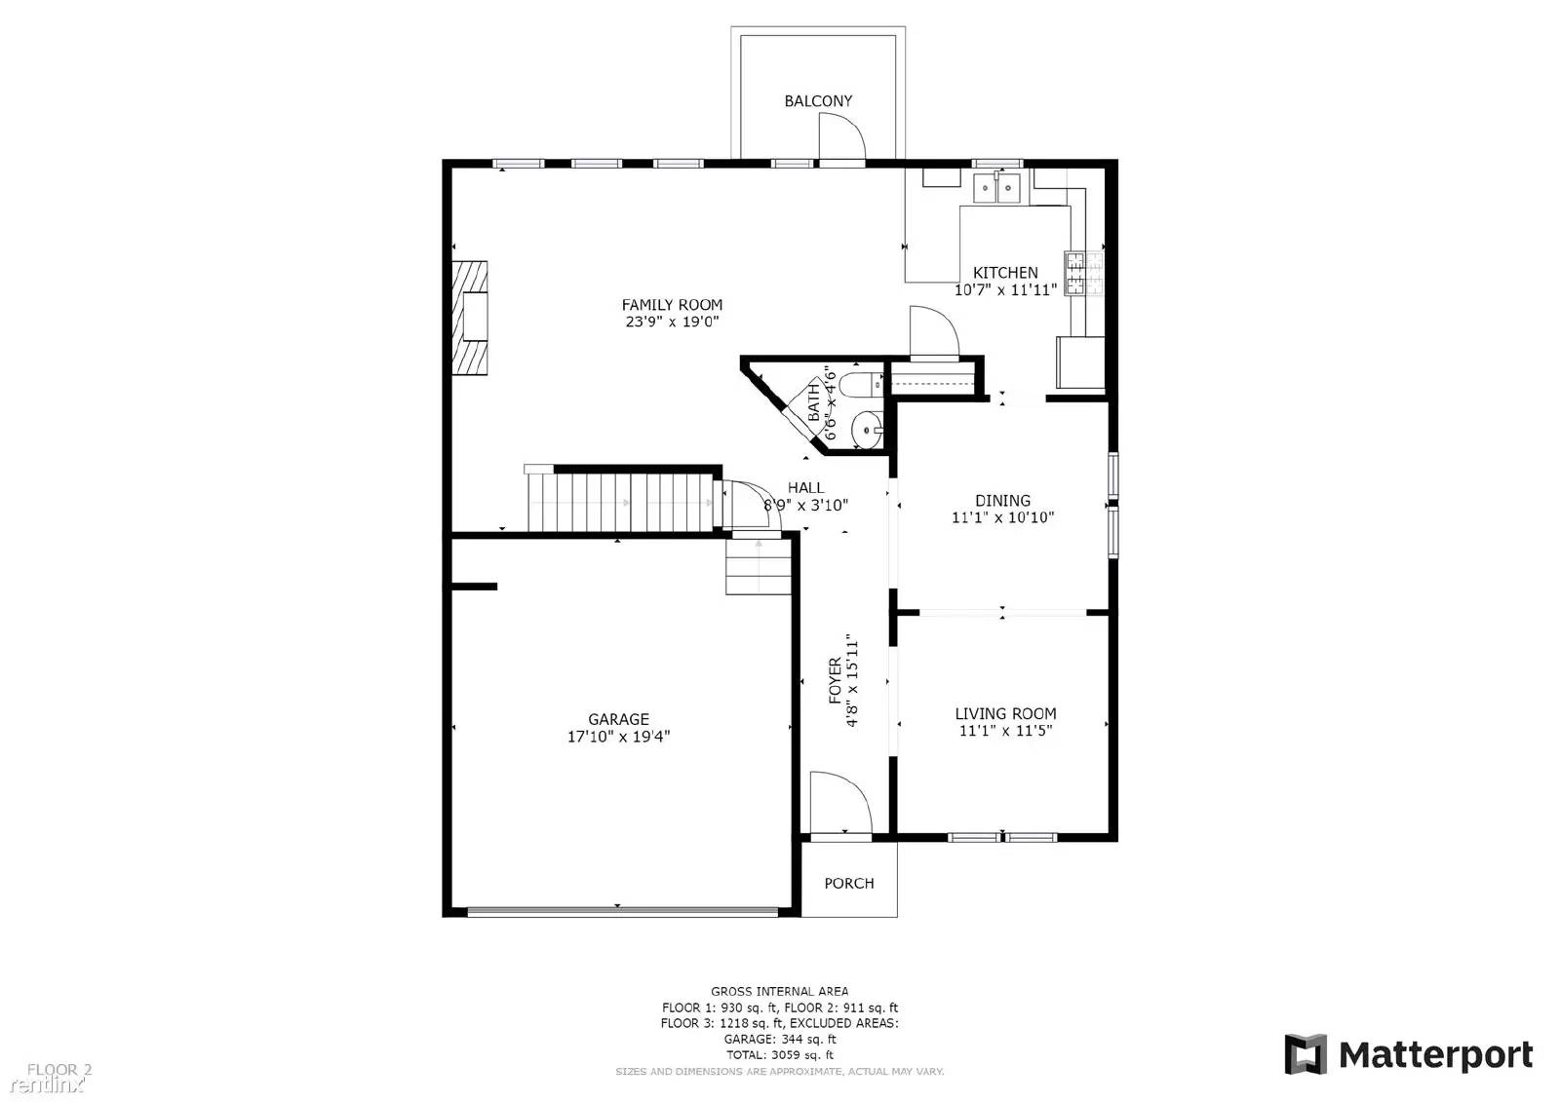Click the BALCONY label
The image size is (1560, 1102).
click(x=818, y=100)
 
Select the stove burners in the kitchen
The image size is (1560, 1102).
click(x=1074, y=272)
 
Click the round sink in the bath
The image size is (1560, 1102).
click(x=865, y=428)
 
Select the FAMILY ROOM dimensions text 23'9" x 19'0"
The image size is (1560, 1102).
click(x=672, y=322)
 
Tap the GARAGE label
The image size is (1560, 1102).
click(x=618, y=719)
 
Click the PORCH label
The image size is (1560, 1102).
click(x=848, y=883)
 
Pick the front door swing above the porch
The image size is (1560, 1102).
click(x=840, y=803)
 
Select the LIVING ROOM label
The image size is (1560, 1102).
click(x=1005, y=713)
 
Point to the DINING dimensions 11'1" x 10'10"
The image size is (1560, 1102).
click(x=1002, y=517)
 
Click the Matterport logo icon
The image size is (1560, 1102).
click(x=1305, y=1054)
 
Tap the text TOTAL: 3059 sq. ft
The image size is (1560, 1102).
click(x=779, y=1054)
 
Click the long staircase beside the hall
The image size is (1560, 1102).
click(x=624, y=502)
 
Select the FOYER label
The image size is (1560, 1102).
click(x=836, y=680)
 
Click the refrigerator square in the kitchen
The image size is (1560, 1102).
click(x=1079, y=361)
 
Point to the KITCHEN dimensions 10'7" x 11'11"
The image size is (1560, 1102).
click(x=1005, y=289)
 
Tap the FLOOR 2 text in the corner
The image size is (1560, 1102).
click(x=58, y=1069)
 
